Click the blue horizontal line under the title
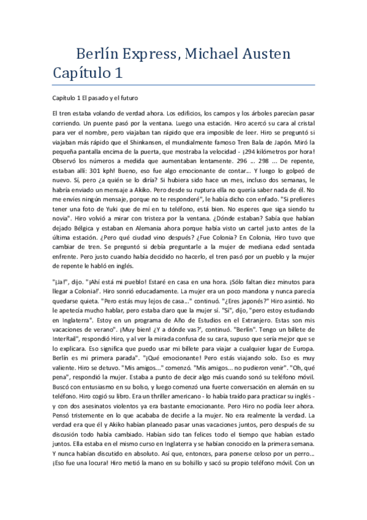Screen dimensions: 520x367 pos(183,84)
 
